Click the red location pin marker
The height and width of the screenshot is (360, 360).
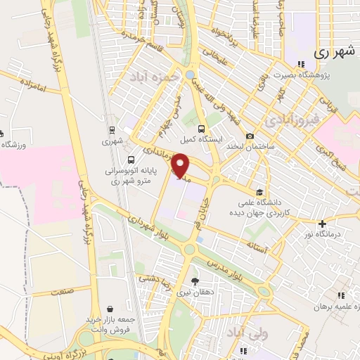pyautogui.click(x=181, y=166)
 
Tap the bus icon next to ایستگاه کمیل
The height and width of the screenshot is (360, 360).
pyautogui.click(x=202, y=129)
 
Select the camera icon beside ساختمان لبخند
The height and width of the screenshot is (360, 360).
pyautogui.click(x=250, y=136)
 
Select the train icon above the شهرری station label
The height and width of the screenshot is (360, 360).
pyautogui.click(x=111, y=129)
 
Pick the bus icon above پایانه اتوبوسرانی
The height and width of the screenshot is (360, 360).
pyautogui.click(x=132, y=159)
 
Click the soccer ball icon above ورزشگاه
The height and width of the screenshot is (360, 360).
pyautogui.click(x=2, y=133)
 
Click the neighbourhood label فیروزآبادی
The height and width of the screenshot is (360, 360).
pyautogui.click(x=289, y=121)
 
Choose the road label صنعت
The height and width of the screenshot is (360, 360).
pyautogui.click(x=63, y=290)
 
